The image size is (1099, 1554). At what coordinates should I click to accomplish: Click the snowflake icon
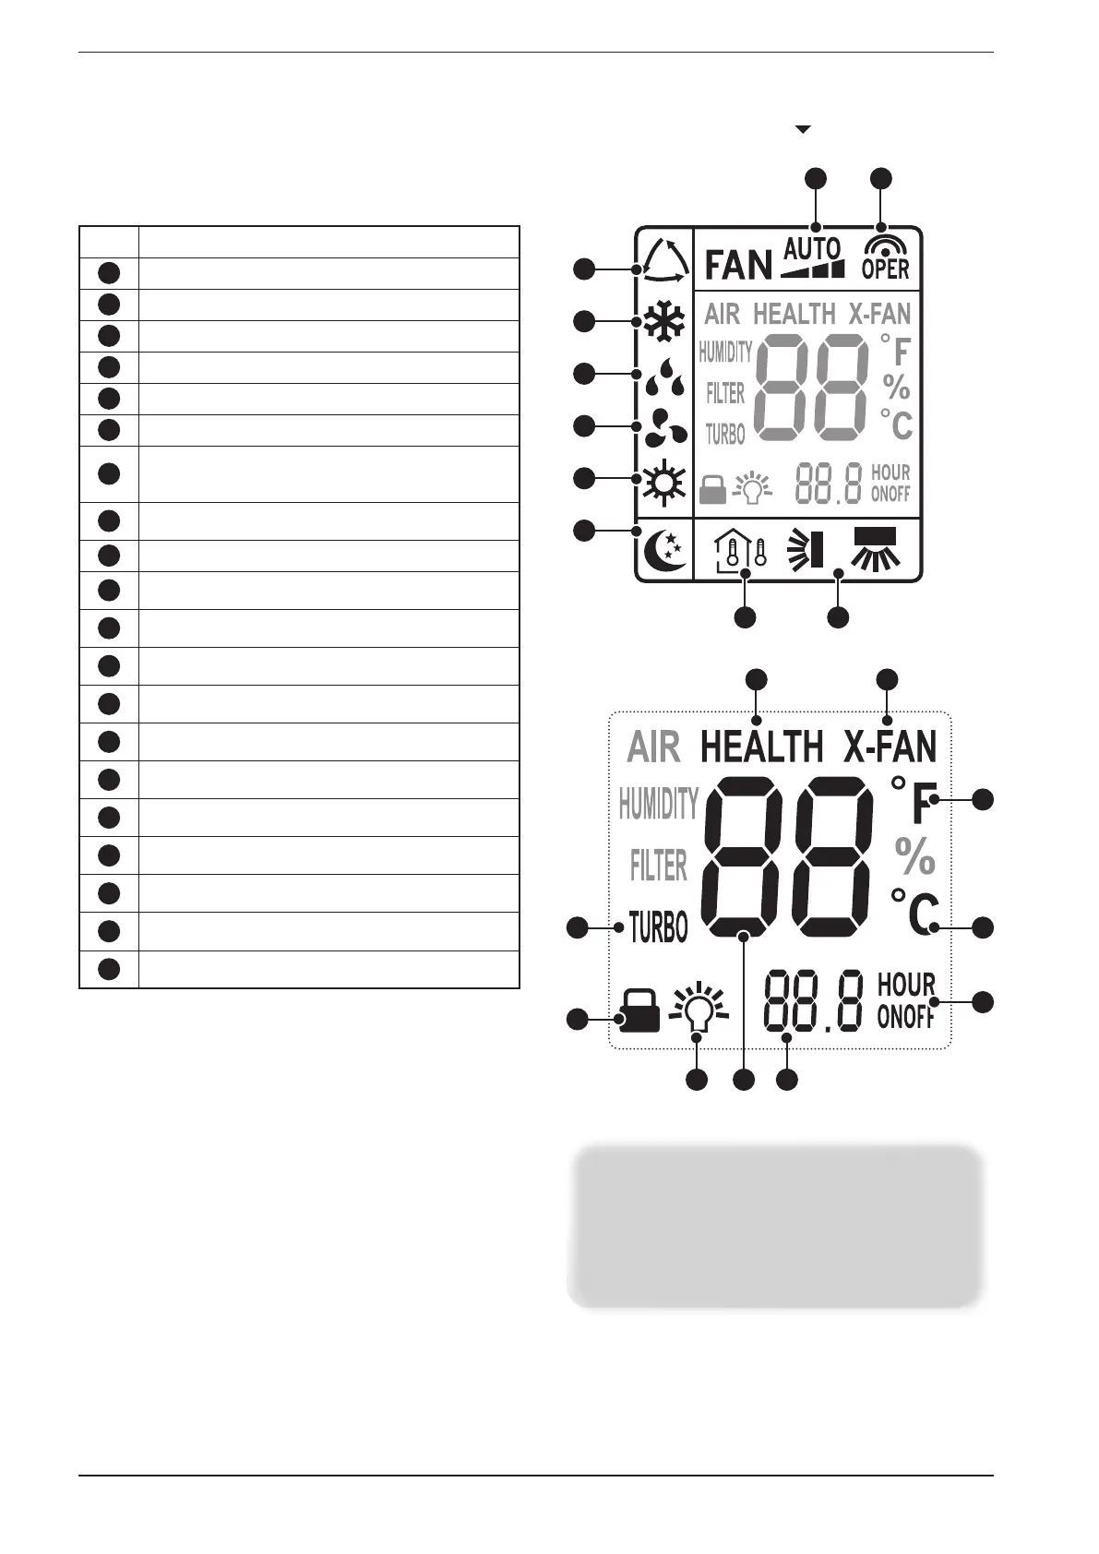point(663,322)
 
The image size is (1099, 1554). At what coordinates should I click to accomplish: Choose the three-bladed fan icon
point(664,428)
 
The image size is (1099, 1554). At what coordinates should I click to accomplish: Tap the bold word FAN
point(738,266)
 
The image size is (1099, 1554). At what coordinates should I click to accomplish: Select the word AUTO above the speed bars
point(813,247)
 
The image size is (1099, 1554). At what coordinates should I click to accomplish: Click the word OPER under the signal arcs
point(885,269)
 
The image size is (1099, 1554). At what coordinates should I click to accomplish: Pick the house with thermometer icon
point(740,551)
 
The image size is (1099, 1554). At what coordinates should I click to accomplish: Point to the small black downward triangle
point(803,130)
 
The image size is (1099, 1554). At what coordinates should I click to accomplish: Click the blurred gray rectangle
point(774,1225)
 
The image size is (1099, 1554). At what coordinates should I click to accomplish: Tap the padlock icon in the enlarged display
point(639,1011)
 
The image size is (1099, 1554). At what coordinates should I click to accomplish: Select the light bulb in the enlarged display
point(699,1010)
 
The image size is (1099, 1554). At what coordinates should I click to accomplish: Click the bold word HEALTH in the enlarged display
point(761,747)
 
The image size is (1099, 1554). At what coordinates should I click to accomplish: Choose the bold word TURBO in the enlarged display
point(658,926)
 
